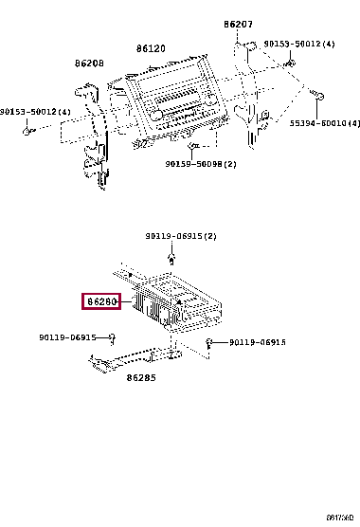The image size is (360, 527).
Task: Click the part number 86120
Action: [150, 47]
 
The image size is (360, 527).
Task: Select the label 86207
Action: [239, 24]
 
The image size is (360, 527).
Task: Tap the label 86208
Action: [90, 64]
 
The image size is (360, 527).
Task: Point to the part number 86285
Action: [141, 376]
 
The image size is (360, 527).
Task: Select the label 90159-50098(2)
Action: [201, 164]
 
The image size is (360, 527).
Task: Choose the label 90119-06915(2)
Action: [180, 236]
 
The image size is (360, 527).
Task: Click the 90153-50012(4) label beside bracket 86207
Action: [298, 44]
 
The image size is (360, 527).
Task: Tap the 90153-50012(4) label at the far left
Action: [36, 113]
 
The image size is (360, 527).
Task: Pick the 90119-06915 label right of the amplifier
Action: [258, 342]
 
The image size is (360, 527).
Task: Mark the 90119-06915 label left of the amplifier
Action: [68, 337]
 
